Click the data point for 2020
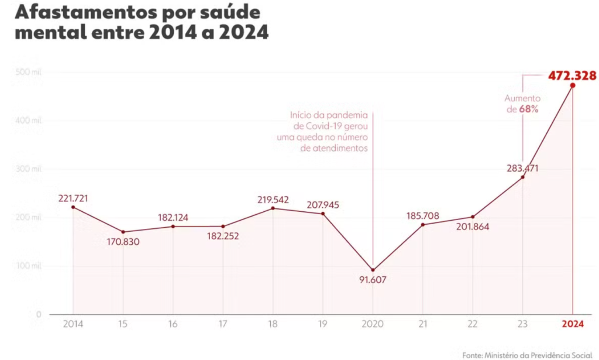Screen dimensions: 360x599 [373, 270]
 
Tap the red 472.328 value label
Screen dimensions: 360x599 [572, 76]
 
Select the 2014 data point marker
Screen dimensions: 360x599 [73, 207]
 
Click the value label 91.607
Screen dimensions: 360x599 [373, 280]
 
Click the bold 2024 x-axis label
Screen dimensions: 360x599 [572, 324]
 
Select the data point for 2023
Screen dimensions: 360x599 [522, 177]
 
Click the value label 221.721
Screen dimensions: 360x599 [73, 198]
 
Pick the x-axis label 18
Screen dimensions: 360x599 [273, 324]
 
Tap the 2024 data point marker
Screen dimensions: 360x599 [572, 85]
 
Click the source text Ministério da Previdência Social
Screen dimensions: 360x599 [536, 355]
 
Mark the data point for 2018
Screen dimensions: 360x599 [273, 208]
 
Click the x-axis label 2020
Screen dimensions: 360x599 [373, 324]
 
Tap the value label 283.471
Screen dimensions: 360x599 [522, 168]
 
